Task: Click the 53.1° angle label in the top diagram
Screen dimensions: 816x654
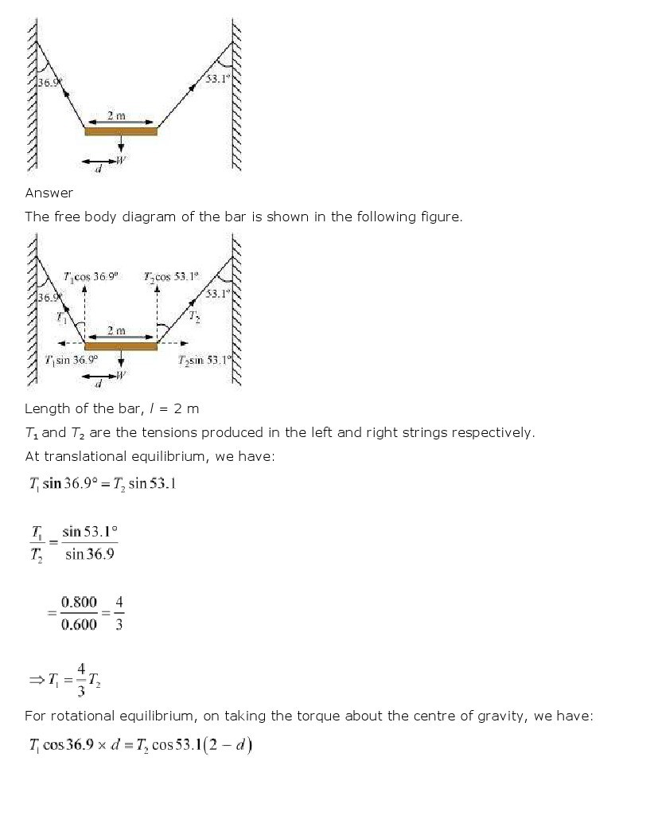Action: tap(217, 79)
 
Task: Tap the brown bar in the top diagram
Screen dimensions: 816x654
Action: tap(121, 131)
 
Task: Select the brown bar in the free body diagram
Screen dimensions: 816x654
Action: tap(121, 346)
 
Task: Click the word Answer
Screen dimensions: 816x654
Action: tap(49, 193)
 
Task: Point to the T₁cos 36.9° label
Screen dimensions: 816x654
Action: tap(91, 276)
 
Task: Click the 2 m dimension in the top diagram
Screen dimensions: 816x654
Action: tap(116, 116)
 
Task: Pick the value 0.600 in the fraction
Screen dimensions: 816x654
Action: tap(79, 624)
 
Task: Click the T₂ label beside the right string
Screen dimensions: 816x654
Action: tap(195, 316)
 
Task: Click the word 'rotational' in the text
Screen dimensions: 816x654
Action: tap(68, 716)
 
